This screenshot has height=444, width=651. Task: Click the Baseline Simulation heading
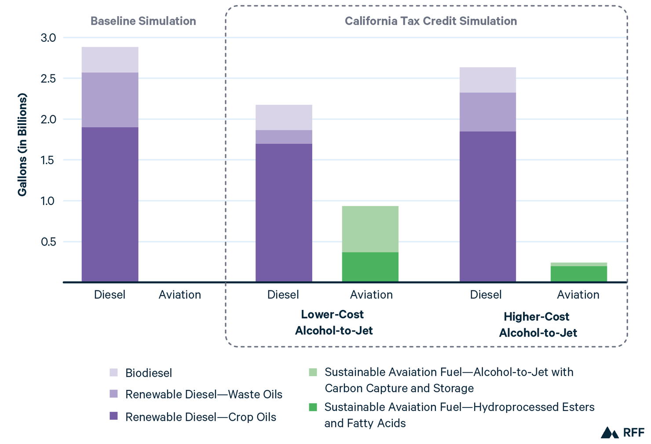(143, 21)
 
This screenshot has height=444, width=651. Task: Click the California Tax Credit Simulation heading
(431, 21)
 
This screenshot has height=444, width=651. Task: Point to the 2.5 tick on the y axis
(48, 79)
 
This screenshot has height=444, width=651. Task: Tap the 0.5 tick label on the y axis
(48, 242)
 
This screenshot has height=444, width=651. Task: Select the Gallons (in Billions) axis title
(22, 144)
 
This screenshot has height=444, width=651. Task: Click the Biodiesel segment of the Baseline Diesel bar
(110, 60)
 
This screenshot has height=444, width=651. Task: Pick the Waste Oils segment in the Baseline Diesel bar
(110, 100)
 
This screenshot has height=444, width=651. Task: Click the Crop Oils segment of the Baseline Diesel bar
(110, 205)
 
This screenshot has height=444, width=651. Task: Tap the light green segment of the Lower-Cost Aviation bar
(370, 229)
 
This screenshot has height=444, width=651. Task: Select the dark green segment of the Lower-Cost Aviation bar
(370, 267)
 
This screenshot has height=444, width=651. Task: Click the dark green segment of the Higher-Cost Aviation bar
(578, 274)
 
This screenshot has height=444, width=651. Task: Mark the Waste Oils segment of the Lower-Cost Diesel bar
(284, 137)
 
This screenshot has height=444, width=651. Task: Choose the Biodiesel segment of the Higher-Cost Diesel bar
(488, 80)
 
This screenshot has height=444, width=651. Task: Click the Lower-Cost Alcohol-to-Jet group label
(333, 323)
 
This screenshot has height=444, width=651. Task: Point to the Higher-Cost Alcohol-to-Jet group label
(538, 325)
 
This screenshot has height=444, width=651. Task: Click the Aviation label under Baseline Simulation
(179, 295)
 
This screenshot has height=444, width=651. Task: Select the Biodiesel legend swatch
(113, 373)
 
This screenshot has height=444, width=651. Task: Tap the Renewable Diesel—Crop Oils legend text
(201, 417)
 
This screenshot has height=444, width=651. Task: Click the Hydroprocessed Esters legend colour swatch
(313, 407)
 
